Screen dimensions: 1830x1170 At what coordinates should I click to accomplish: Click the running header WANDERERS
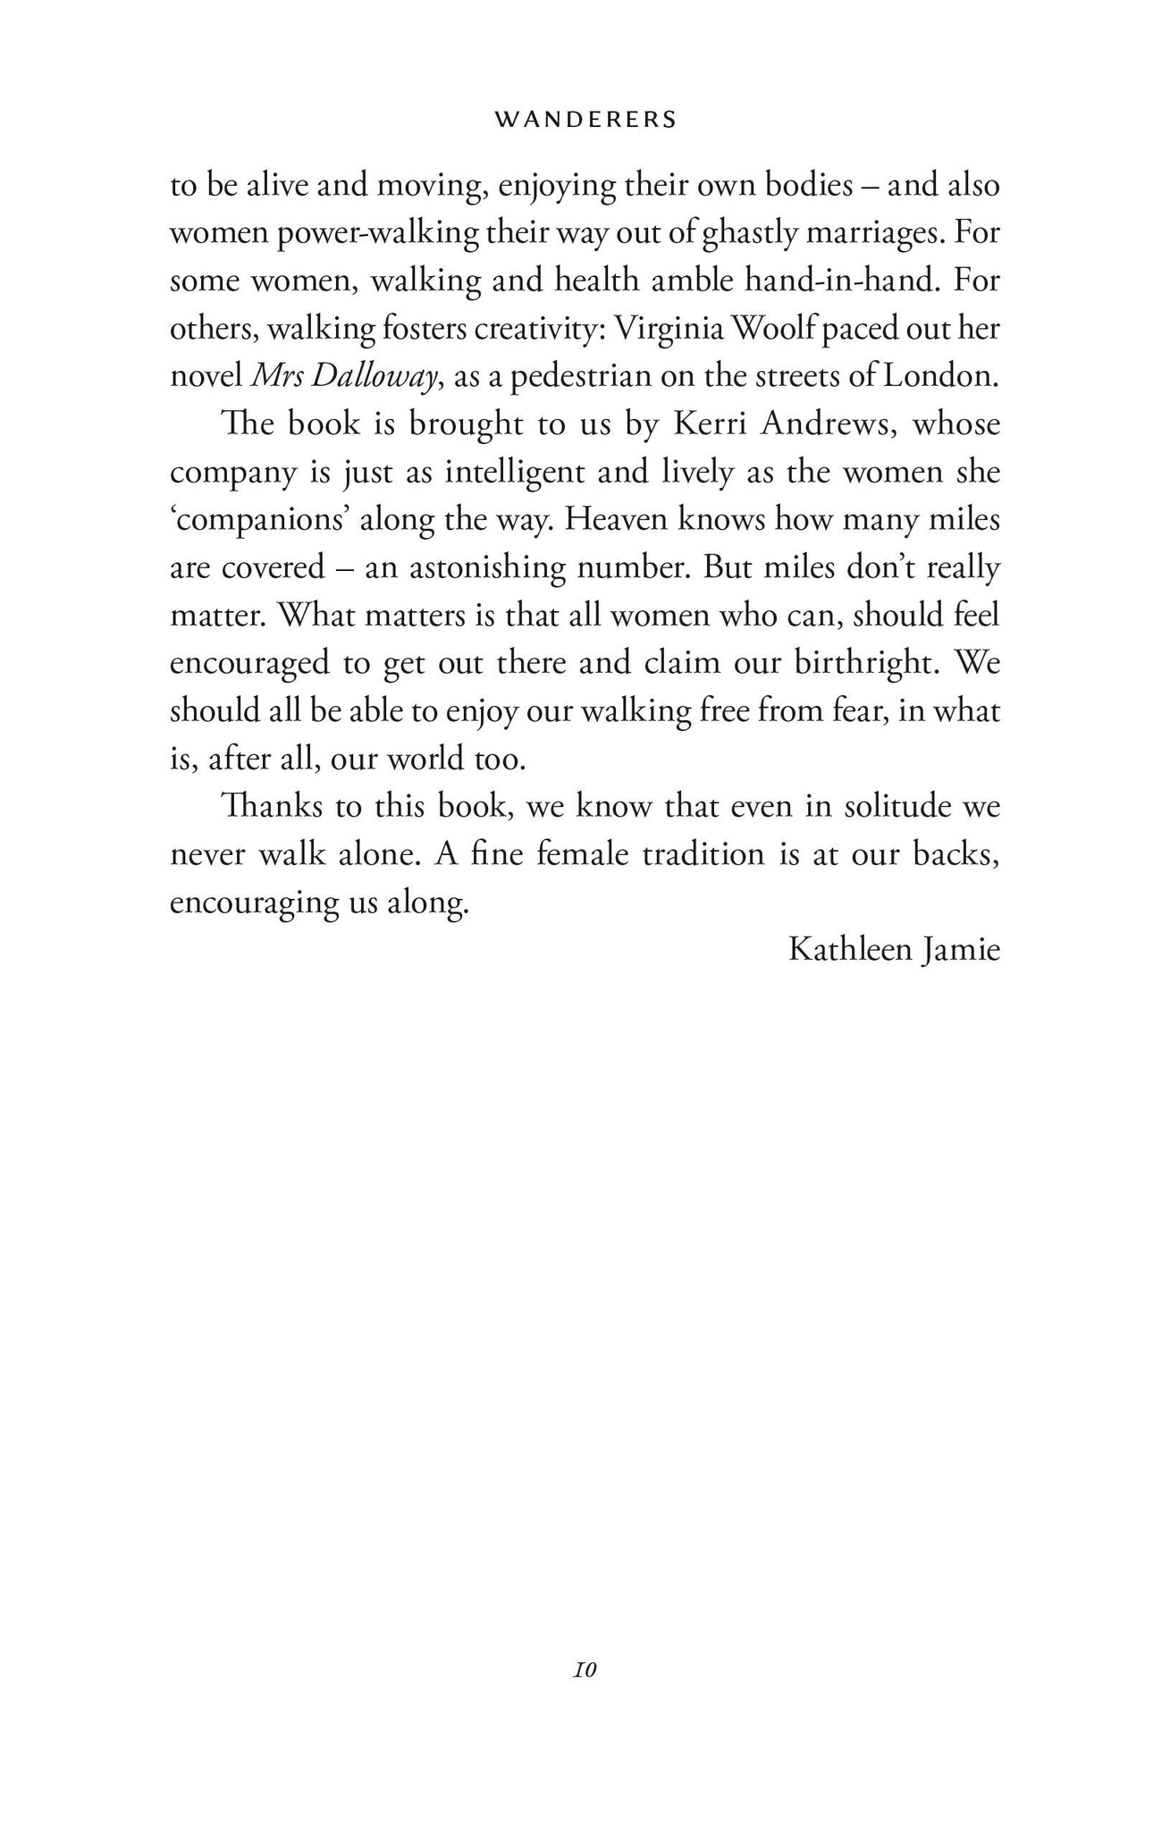[585, 120]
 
